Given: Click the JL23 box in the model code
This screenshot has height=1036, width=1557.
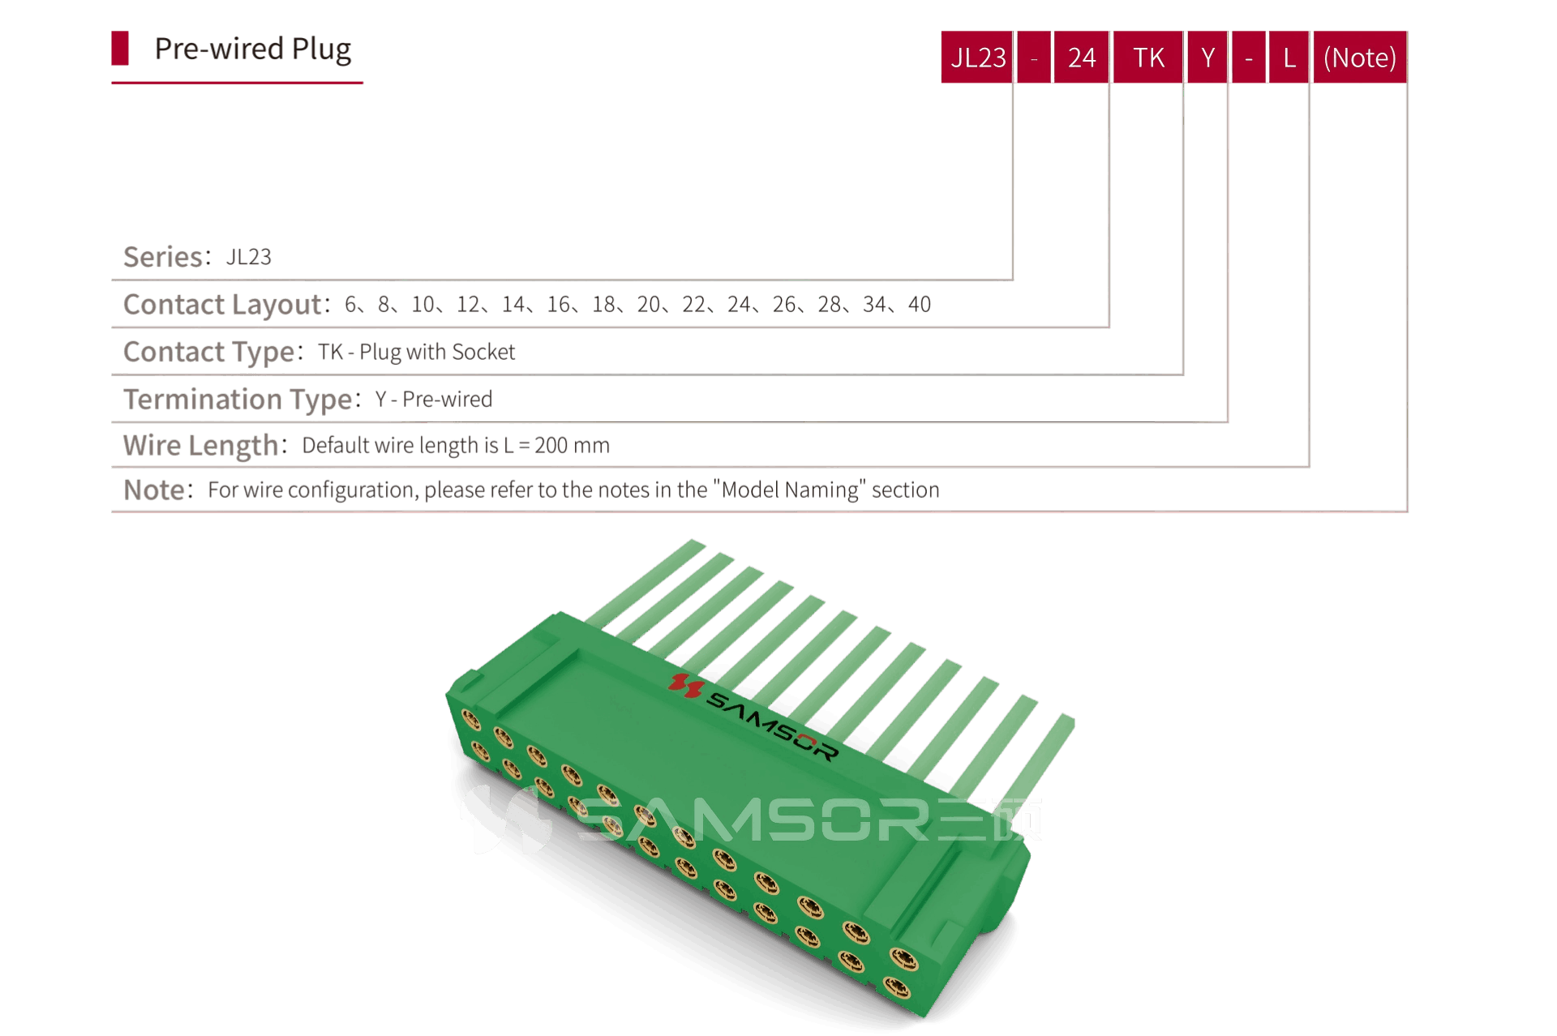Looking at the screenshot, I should [977, 58].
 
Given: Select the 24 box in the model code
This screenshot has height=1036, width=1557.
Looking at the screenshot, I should [1081, 58].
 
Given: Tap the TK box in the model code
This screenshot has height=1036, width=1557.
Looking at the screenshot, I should [1148, 58].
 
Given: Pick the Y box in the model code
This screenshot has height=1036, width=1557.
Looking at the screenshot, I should [1207, 58].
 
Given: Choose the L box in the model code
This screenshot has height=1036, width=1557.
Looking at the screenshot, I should [1289, 58].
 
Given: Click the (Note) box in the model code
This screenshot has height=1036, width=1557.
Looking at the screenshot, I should [1359, 58].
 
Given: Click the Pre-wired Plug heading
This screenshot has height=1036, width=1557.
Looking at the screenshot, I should [252, 49].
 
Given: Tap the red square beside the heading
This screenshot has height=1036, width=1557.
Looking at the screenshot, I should [121, 49].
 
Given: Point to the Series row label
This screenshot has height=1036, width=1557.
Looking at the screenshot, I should [162, 257].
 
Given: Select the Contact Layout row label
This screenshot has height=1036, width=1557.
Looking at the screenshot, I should [222, 304].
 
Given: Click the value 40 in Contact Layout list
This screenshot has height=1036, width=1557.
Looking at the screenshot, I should [919, 304].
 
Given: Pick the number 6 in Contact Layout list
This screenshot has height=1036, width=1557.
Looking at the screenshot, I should [350, 304].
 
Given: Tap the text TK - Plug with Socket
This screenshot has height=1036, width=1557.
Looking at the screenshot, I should [417, 352].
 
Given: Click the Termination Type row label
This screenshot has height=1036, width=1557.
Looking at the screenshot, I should [238, 399].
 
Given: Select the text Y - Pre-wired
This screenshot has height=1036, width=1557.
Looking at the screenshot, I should [434, 399].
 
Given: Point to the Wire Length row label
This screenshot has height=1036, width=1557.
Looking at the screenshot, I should [200, 445].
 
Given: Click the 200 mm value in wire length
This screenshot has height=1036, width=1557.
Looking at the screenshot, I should [572, 445].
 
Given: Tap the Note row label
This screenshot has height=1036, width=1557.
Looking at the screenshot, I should [154, 490].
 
